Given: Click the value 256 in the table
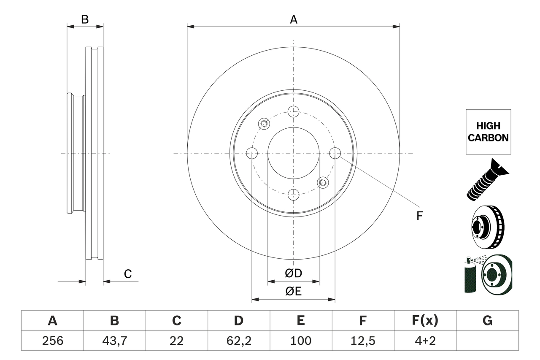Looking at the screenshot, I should pyautogui.click(x=53, y=341).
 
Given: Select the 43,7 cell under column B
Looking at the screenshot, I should pyautogui.click(x=115, y=341).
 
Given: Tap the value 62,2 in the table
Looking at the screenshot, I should pyautogui.click(x=239, y=341).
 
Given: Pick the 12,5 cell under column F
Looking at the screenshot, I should pyautogui.click(x=363, y=341).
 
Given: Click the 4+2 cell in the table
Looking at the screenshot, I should pyautogui.click(x=425, y=341).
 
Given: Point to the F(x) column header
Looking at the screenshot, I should pyautogui.click(x=425, y=321).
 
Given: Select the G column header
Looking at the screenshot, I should pyautogui.click(x=487, y=321).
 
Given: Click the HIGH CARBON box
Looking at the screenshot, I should pyautogui.click(x=488, y=132).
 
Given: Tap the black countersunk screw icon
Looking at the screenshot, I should pyautogui.click(x=487, y=179).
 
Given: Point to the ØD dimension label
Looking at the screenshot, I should pyautogui.click(x=294, y=273).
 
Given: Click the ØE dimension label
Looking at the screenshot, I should pyautogui.click(x=294, y=292).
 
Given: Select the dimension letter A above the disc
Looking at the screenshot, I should pyautogui.click(x=294, y=19).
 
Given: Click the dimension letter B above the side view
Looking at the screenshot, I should pyautogui.click(x=85, y=19).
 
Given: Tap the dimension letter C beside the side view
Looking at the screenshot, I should pyautogui.click(x=128, y=274).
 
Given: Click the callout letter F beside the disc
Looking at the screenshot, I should pyautogui.click(x=419, y=216).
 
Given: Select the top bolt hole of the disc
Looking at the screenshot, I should pyautogui.click(x=293, y=112).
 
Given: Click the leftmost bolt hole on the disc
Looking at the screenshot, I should pyautogui.click(x=252, y=153).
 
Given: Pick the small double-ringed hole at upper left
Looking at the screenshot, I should pyautogui.click(x=264, y=124).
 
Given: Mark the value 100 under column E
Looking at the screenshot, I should pyautogui.click(x=301, y=341).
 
